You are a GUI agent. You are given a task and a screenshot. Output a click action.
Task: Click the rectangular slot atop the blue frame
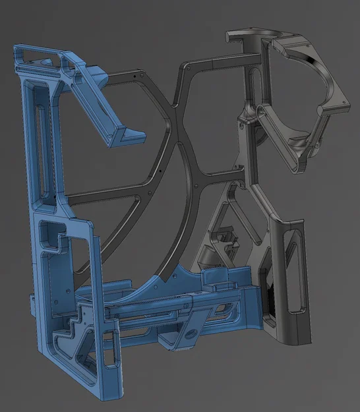pyautogui.click(x=40, y=53)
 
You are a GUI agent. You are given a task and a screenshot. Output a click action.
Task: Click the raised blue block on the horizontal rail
pyautogui.click(x=214, y=280)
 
